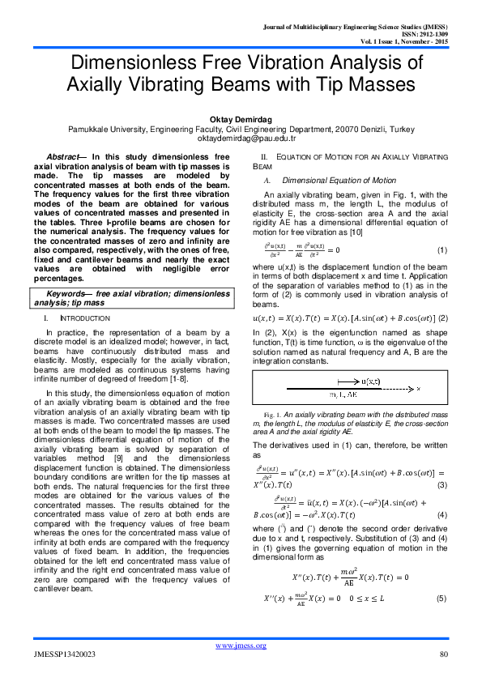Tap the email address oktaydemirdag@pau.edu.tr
241,138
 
